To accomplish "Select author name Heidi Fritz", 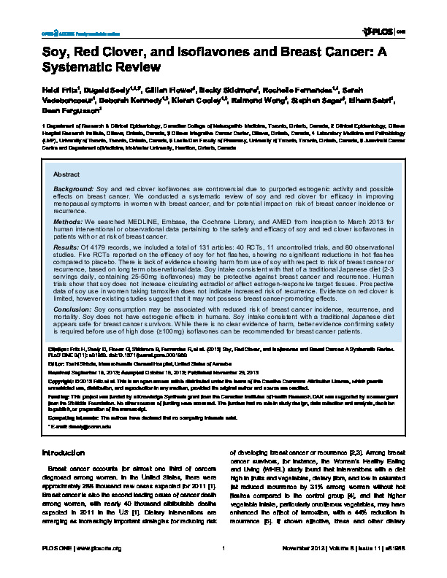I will pos(52,88).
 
